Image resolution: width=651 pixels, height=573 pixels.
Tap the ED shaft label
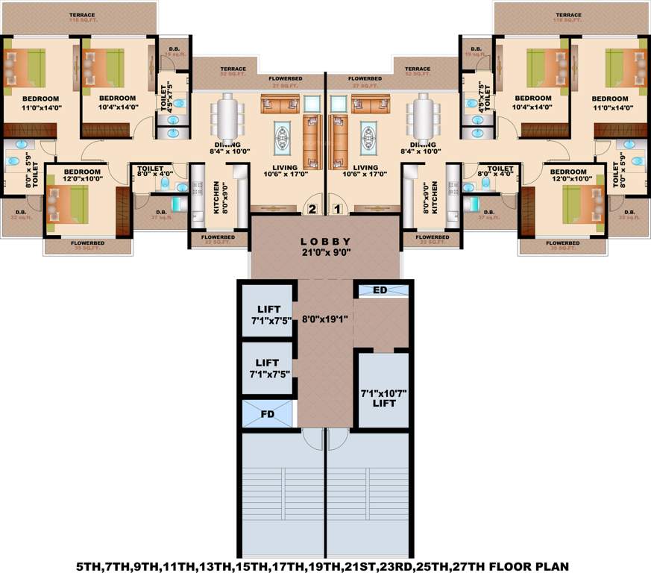click(x=379, y=290)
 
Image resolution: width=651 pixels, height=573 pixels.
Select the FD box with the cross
click(x=268, y=413)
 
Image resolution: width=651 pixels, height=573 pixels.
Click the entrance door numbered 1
click(x=337, y=208)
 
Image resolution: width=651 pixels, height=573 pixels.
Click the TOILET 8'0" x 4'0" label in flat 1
click(x=495, y=173)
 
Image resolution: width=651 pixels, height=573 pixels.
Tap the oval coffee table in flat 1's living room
click(x=368, y=137)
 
